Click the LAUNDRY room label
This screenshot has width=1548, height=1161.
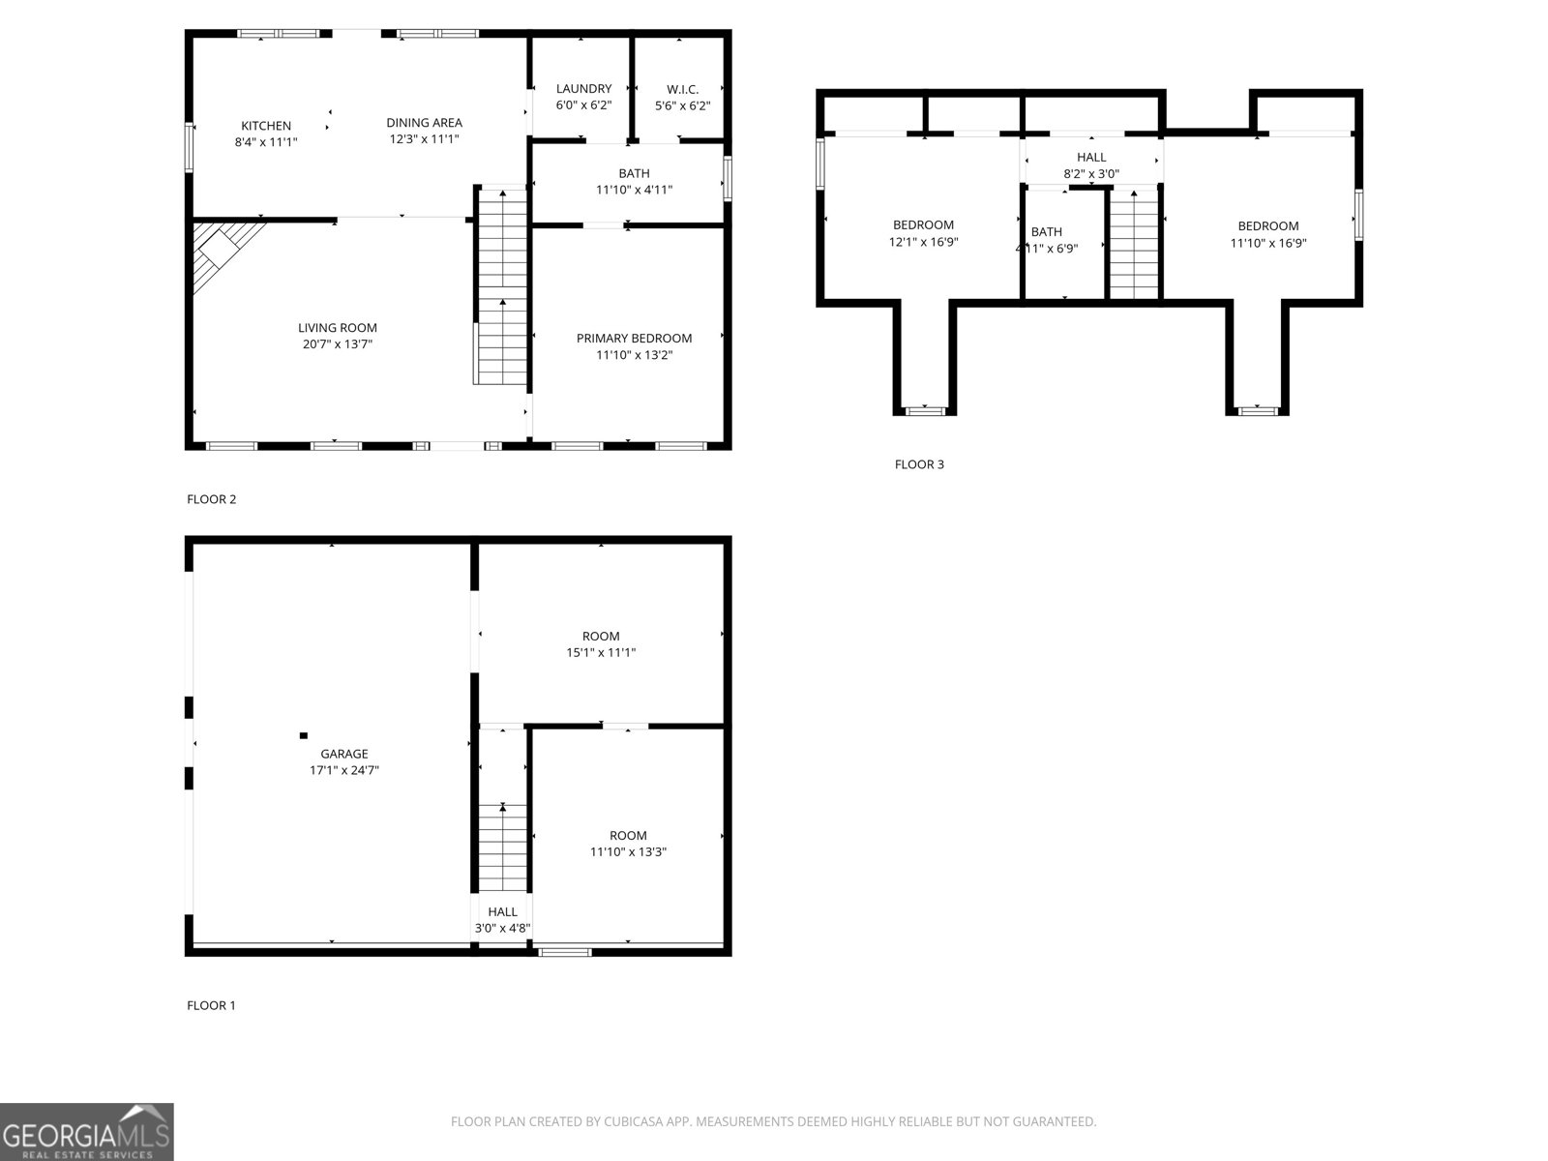(583, 88)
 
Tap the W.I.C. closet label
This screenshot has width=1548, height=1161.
(682, 89)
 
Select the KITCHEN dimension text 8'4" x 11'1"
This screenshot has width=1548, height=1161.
(266, 142)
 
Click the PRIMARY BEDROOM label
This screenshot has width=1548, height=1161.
(634, 338)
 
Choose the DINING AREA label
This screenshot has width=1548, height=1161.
(424, 122)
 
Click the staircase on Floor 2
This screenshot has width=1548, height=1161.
(501, 290)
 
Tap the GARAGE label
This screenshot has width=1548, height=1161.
(344, 754)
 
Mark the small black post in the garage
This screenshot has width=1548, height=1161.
(303, 735)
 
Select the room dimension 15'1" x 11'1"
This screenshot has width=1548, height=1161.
(601, 653)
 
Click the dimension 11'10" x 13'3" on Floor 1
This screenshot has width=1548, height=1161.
(628, 852)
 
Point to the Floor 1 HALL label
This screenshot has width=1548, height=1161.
(502, 911)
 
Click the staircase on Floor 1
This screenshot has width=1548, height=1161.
(503, 847)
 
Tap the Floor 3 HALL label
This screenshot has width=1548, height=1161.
(1091, 157)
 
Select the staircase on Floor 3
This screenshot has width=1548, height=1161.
(1134, 247)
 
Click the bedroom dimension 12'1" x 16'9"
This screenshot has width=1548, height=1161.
(923, 243)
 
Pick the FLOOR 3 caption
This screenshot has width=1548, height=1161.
(919, 464)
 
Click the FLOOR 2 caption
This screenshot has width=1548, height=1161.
(211, 499)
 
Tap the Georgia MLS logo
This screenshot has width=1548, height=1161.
(87, 1132)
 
